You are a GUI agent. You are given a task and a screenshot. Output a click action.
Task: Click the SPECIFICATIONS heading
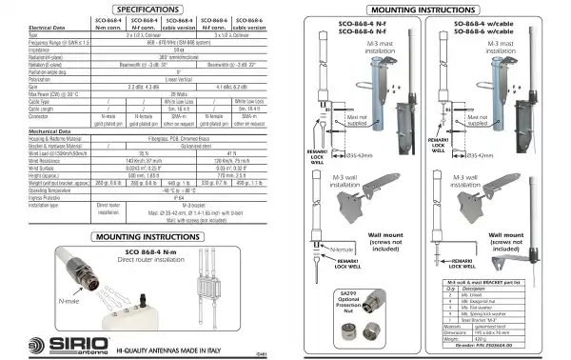[143, 10]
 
